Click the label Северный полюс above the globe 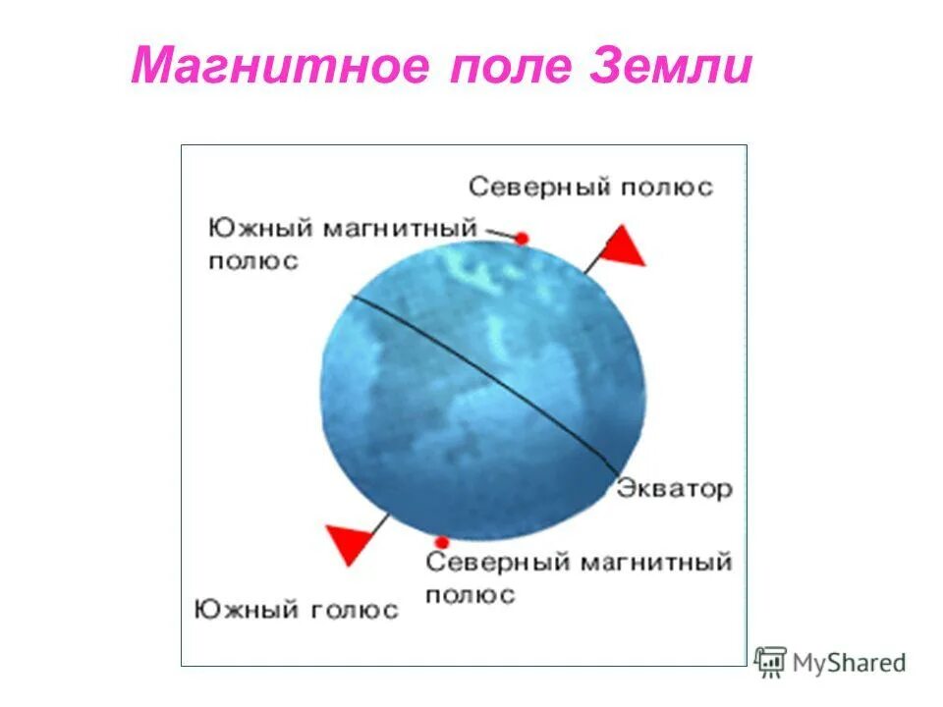590,187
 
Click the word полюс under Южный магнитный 252,262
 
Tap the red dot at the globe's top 522,239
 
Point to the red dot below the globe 442,542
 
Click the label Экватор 675,488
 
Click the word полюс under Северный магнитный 471,595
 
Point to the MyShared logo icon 771,663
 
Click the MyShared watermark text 849,664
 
